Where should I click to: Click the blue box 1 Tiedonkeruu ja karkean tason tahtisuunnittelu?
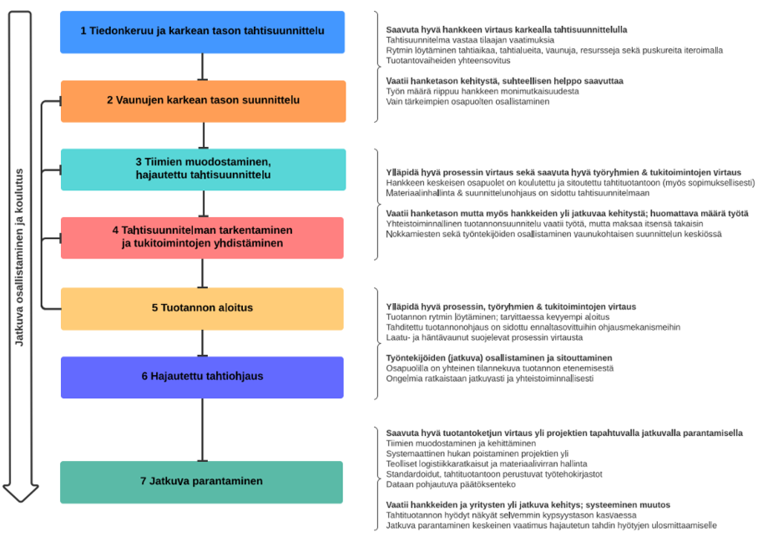coord(202,32)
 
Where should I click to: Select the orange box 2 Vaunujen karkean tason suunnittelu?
coord(202,101)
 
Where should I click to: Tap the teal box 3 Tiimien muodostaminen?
coord(202,169)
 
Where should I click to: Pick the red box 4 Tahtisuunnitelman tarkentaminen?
coord(202,237)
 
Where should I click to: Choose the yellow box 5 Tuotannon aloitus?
coord(202,308)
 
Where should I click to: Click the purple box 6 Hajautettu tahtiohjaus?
coord(202,377)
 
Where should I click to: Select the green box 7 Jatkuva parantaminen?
coord(202,482)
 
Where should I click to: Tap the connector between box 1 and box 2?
coord(202,67)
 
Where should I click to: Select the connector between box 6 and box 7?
coord(202,429)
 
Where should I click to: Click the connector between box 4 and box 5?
coord(202,273)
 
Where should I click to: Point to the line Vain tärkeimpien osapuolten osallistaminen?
coord(467,102)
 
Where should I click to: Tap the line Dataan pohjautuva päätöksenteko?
coord(451,484)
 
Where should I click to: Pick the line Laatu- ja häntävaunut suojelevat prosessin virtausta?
coord(485,337)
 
